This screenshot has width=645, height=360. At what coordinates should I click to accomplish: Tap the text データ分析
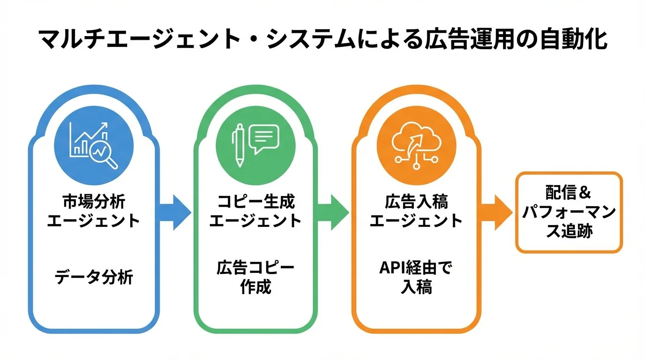pos(94,277)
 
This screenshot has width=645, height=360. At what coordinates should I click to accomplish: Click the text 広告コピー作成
pos(255,277)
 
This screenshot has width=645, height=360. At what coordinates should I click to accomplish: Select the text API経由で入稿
pos(416,277)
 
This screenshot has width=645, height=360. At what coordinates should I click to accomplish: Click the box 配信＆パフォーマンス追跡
pos(569,212)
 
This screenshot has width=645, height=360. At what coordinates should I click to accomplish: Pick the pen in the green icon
pos(239,144)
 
